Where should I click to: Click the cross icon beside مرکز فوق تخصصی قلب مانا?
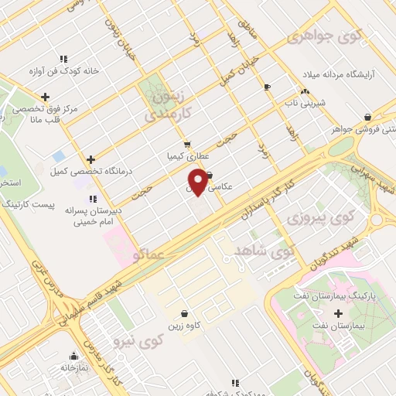[46, 97]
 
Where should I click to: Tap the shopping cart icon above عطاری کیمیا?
[186, 144]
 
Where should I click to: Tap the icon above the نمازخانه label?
[74, 357]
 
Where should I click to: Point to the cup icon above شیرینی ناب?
[268, 87]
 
